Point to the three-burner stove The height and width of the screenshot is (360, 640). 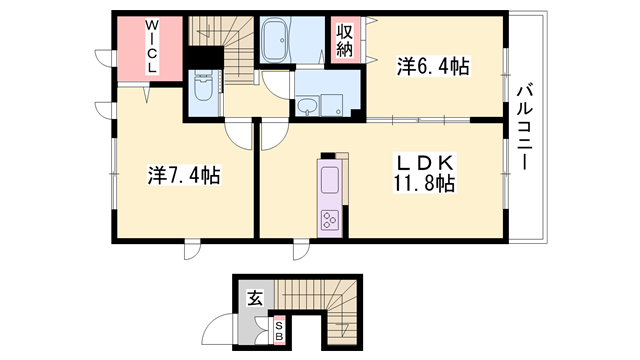tap(330, 220)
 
